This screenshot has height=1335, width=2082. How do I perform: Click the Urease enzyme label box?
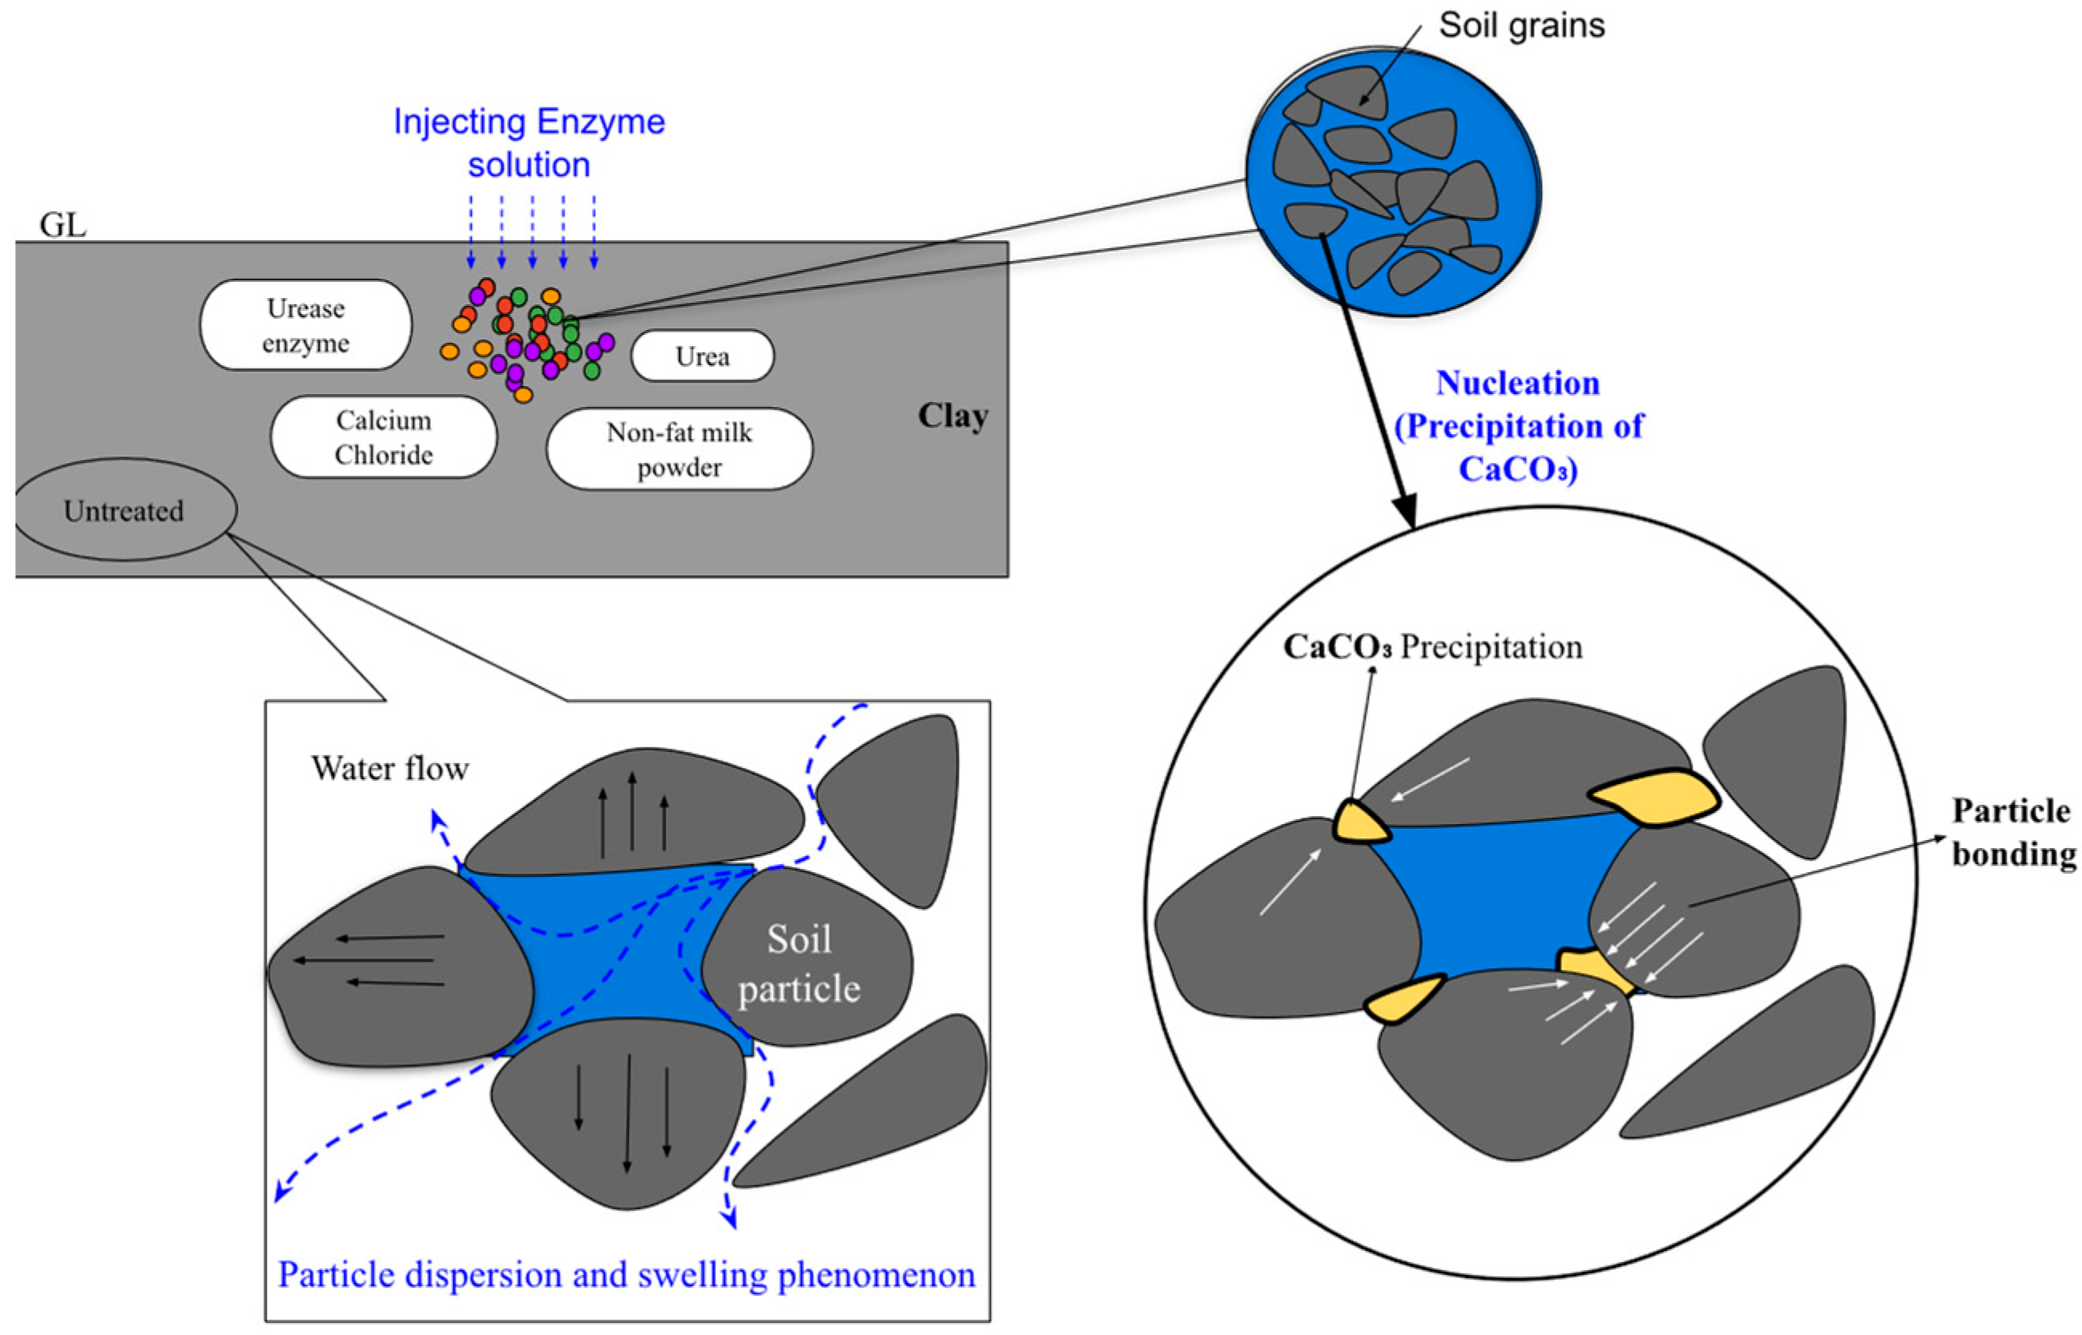point(305,325)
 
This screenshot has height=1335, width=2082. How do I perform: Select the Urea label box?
point(703,356)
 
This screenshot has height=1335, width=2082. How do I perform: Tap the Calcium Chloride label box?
point(383,437)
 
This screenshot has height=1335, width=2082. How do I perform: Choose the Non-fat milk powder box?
point(679,449)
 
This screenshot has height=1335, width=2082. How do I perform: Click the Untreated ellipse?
point(124,509)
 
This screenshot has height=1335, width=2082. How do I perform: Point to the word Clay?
point(953,417)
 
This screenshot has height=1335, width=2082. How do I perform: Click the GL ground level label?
point(62,225)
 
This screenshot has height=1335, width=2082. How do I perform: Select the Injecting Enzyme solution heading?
point(529,143)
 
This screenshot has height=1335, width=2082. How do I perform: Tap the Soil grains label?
point(1522,25)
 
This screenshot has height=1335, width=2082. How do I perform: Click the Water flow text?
point(390,768)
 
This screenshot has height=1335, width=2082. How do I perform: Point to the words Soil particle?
point(799,963)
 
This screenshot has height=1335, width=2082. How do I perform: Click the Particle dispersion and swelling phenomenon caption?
point(626,1274)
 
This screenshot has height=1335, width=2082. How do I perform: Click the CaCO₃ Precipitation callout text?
point(1432,647)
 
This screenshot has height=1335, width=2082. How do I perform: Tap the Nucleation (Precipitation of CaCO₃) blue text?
point(1517,425)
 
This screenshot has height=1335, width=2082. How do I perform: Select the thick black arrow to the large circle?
point(1367,381)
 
